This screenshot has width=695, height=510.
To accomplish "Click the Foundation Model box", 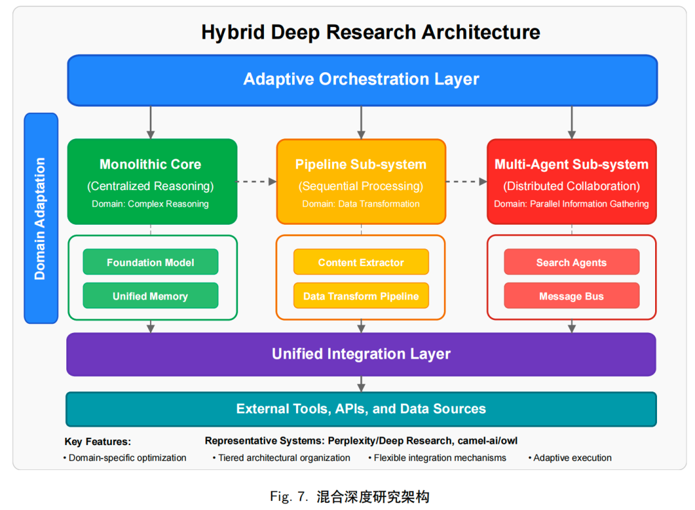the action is (x=150, y=262).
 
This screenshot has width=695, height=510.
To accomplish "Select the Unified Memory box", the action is (x=150, y=296).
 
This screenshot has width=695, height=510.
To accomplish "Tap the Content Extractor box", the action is (x=361, y=262).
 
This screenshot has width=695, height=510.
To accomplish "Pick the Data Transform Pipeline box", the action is (x=361, y=296).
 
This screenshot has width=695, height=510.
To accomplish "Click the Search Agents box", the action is (x=571, y=262).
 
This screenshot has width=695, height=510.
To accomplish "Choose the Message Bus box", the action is (x=571, y=296).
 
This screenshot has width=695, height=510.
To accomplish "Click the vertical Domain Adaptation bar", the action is (x=41, y=218).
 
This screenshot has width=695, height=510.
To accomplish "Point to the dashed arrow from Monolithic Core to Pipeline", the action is (x=257, y=182).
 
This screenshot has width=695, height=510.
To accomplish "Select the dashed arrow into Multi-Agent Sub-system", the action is (x=467, y=182).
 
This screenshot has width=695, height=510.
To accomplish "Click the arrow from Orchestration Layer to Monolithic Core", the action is (x=151, y=122).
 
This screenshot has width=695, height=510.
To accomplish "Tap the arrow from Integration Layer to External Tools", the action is (x=361, y=384).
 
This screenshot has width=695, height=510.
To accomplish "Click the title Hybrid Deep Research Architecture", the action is (x=371, y=32).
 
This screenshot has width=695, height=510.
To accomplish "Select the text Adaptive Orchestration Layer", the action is (x=361, y=79).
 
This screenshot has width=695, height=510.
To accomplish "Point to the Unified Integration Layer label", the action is (x=361, y=354).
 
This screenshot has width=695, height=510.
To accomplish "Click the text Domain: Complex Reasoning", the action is (x=150, y=204).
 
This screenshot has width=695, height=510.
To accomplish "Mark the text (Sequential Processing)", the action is (x=361, y=186).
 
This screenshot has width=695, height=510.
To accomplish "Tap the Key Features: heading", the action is (x=98, y=442).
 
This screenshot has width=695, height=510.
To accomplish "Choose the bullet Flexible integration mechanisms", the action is (x=438, y=458).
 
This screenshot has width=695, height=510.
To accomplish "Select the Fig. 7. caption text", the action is (x=349, y=496).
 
